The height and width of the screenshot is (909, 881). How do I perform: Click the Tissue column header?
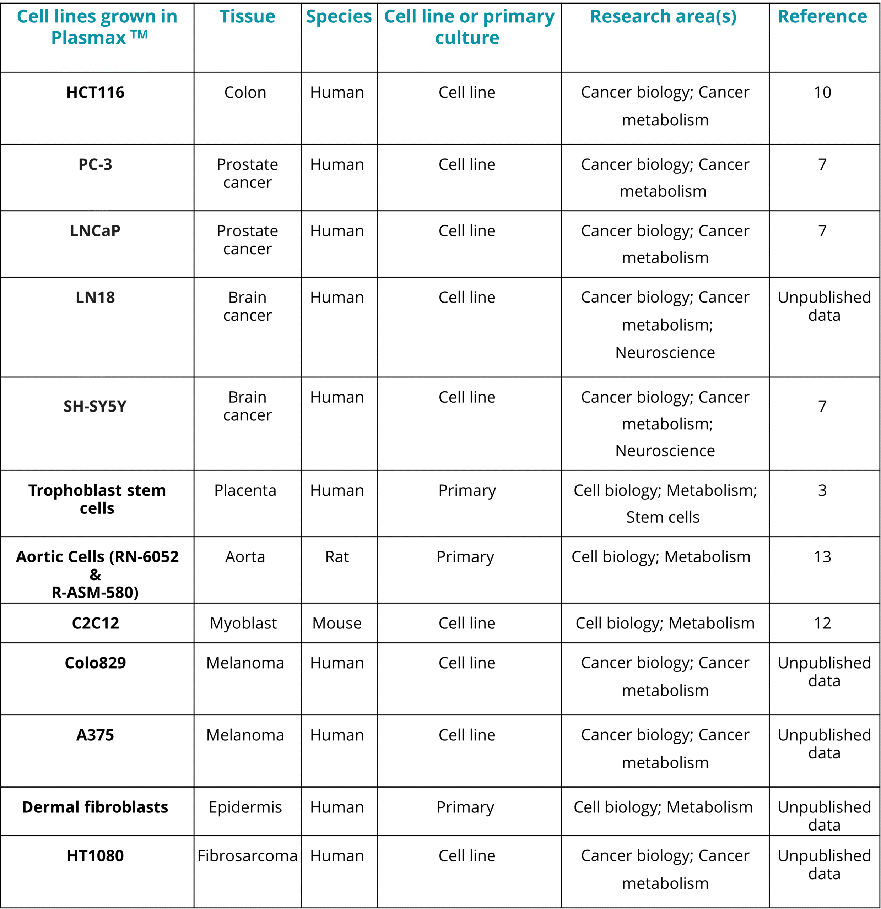247,17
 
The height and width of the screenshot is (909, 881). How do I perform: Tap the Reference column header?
822,17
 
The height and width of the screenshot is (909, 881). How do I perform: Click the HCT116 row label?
95,92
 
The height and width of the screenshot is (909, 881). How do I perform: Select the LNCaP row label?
95,230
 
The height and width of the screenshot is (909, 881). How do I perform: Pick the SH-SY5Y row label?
95,406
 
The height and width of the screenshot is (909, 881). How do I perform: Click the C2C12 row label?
95,623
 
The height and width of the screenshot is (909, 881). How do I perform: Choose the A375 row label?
95,735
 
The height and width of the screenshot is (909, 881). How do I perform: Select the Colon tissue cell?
245,92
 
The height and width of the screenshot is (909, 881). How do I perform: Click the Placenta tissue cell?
245,490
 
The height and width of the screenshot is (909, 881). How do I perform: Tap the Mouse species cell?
337,623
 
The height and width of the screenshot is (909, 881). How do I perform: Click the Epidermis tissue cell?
245,807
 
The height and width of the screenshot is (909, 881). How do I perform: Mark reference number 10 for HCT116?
822,92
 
